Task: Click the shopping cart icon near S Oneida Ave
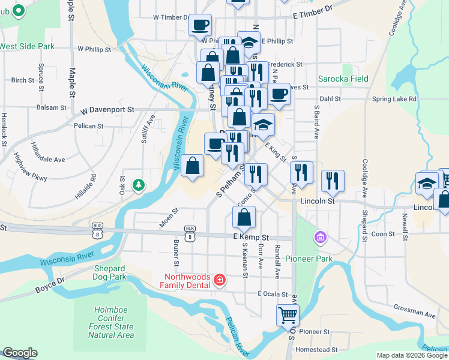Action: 288,314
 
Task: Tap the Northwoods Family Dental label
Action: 185,280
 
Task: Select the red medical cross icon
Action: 220,280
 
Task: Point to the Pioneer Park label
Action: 309,259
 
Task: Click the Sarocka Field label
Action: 343,79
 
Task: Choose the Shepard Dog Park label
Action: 110,272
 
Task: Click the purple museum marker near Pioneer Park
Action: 320,239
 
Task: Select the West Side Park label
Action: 27,46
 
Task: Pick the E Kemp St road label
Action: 250,238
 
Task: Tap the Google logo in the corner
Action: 20,353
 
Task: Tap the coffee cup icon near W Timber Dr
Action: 200,25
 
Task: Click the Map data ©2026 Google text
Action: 411,355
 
